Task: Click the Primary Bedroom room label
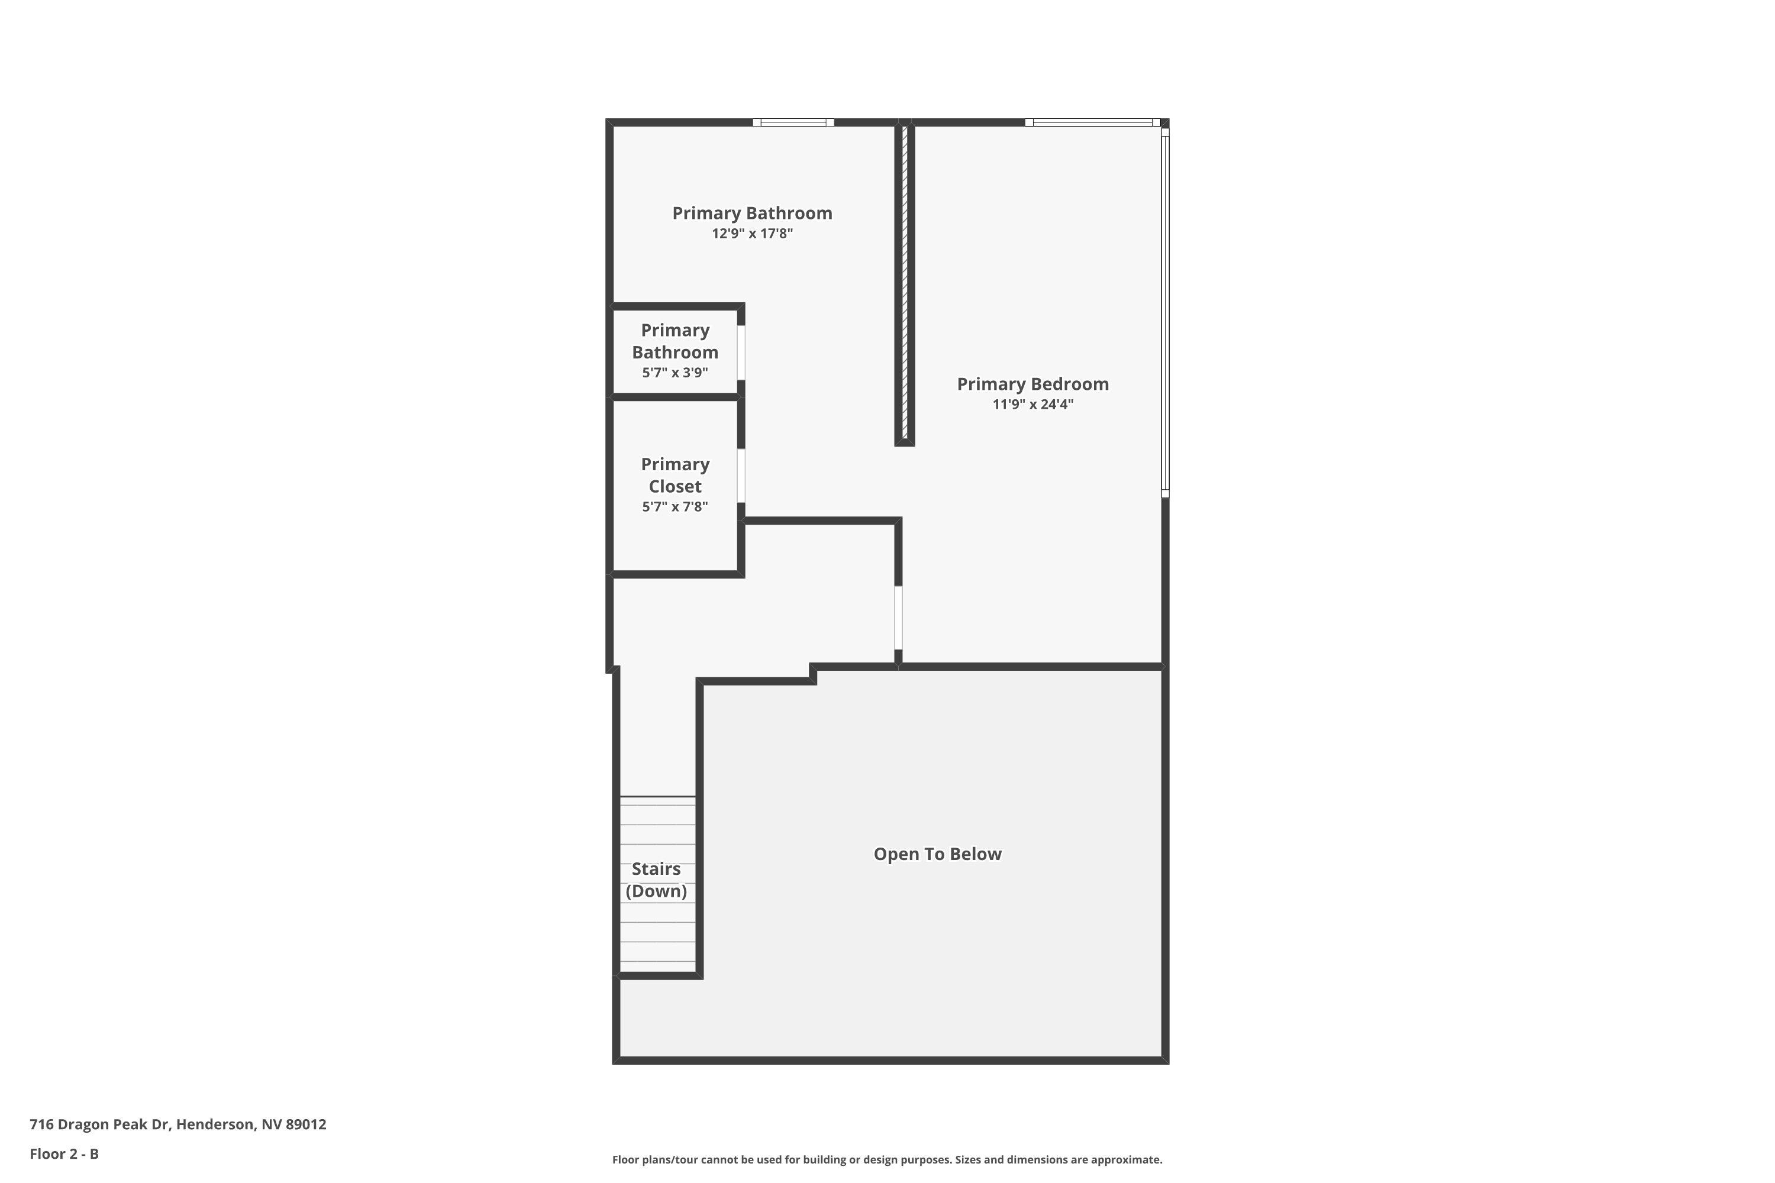click(x=1032, y=384)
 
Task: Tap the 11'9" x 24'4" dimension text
click(x=1032, y=405)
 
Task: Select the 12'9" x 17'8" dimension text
click(x=751, y=234)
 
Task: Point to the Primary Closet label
click(x=674, y=476)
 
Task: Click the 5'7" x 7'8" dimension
click(x=674, y=507)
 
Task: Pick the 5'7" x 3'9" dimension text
click(x=674, y=373)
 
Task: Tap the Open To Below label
click(x=937, y=854)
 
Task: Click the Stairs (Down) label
click(x=656, y=880)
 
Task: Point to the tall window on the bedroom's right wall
click(x=1164, y=313)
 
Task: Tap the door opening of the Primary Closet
click(x=741, y=476)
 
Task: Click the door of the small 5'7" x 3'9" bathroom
click(x=741, y=353)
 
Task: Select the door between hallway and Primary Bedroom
click(x=898, y=617)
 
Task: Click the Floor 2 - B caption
click(x=64, y=1153)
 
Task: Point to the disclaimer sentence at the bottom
click(x=887, y=1159)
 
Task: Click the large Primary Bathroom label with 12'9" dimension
click(x=751, y=214)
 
